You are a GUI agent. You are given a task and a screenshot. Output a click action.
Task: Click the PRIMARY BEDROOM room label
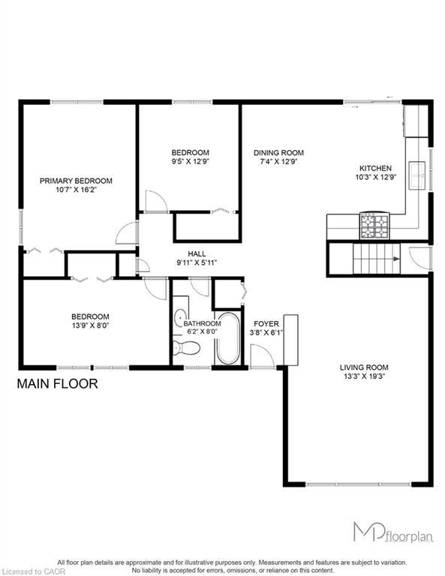76,181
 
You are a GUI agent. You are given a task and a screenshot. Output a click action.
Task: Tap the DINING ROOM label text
277,152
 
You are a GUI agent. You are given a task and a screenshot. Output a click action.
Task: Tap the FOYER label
266,324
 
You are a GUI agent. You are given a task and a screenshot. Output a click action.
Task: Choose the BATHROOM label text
202,323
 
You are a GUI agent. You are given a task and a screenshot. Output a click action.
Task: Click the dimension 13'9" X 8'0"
90,326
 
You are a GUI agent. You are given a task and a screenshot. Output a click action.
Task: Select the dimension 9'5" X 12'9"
190,161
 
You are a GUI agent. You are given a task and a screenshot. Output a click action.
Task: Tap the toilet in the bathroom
185,347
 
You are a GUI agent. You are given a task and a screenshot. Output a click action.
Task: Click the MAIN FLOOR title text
57,384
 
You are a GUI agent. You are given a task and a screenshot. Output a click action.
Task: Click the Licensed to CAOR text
24,571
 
